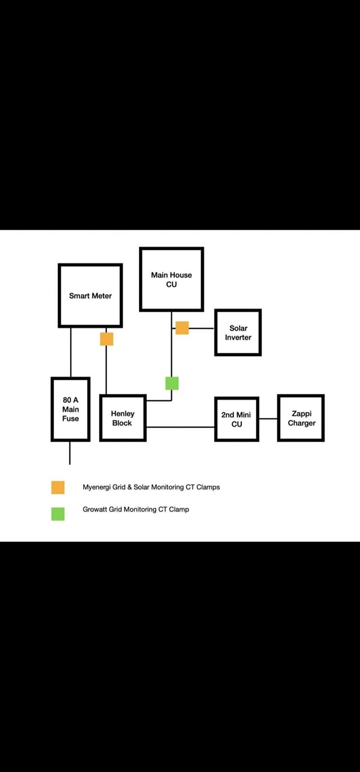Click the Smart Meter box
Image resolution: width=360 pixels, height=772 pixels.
(90, 295)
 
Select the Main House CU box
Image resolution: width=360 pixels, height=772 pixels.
(172, 279)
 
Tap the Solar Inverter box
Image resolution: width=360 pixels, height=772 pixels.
(238, 333)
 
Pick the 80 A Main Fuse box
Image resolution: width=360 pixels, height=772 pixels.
(70, 409)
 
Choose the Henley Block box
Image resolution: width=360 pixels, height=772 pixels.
(123, 418)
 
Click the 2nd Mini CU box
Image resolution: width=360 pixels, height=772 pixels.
(236, 419)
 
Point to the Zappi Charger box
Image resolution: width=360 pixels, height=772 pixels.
(301, 418)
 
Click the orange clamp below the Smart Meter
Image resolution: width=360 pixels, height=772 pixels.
(106, 339)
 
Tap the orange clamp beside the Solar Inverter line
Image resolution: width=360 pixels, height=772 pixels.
(182, 327)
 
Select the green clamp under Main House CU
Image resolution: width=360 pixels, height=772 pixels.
(172, 383)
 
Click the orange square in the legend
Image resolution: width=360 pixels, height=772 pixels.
(58, 487)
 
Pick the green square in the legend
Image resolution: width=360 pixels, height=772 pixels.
(58, 514)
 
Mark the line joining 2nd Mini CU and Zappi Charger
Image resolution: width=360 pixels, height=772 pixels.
(268, 419)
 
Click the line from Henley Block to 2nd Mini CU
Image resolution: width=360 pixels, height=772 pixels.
(180, 427)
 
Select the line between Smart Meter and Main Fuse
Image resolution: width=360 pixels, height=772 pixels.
(71, 352)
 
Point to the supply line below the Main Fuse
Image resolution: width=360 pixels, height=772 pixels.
(70, 453)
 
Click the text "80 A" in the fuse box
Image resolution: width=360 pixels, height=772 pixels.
(70, 400)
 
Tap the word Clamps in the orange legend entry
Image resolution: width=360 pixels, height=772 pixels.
(208, 487)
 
